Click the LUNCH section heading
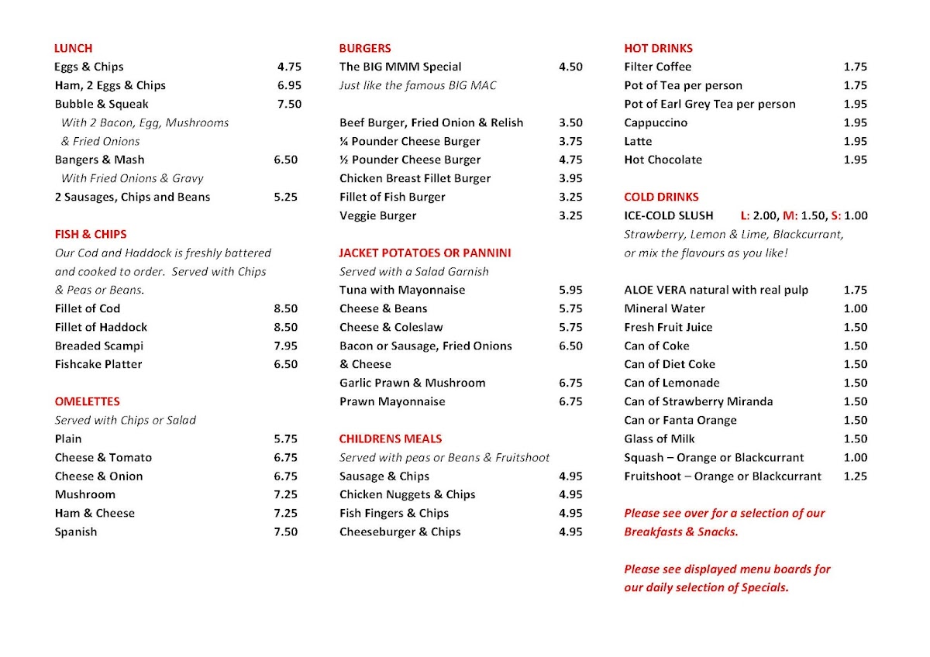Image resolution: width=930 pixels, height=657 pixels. (x=73, y=48)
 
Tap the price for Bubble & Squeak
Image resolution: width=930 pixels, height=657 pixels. (x=289, y=104)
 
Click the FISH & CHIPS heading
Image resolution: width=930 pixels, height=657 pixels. (x=90, y=234)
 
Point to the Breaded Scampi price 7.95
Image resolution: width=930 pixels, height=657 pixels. (x=285, y=346)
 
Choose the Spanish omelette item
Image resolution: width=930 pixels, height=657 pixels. (x=76, y=531)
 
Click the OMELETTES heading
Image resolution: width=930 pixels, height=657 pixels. (x=87, y=401)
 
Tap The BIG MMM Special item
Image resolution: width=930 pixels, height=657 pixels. (x=400, y=67)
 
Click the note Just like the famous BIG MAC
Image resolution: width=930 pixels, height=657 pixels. (x=418, y=85)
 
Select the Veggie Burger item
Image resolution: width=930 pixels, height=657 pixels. (x=377, y=215)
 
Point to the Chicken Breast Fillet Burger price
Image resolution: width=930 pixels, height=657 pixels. (x=570, y=178)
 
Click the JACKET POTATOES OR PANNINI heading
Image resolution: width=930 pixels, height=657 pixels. (x=425, y=253)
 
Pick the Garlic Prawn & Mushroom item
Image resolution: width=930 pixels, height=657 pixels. (x=412, y=383)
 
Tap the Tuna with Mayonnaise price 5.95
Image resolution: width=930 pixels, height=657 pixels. (x=570, y=290)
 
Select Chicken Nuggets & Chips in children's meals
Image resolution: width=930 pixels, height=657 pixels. (x=407, y=494)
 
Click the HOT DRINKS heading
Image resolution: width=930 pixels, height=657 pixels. (x=658, y=48)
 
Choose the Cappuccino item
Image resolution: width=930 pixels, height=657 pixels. (x=656, y=122)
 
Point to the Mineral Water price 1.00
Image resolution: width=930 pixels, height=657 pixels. (x=856, y=308)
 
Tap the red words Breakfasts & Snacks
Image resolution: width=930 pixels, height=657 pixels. (x=680, y=531)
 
